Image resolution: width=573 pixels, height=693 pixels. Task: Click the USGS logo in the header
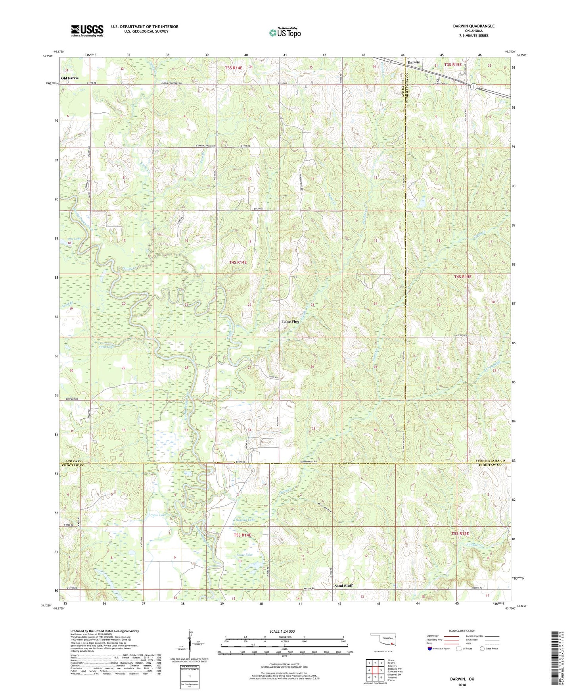87,30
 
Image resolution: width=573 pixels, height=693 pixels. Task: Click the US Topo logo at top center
284,33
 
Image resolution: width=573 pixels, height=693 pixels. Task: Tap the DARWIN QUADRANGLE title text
473,26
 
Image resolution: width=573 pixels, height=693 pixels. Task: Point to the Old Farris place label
70,78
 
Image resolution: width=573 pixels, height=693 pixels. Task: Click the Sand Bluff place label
343,585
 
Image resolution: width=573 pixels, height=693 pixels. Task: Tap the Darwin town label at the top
414,63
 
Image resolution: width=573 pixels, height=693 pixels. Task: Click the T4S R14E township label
238,262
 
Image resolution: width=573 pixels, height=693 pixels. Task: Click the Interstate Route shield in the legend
430,649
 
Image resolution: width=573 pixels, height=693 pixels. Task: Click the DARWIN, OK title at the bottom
462,679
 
